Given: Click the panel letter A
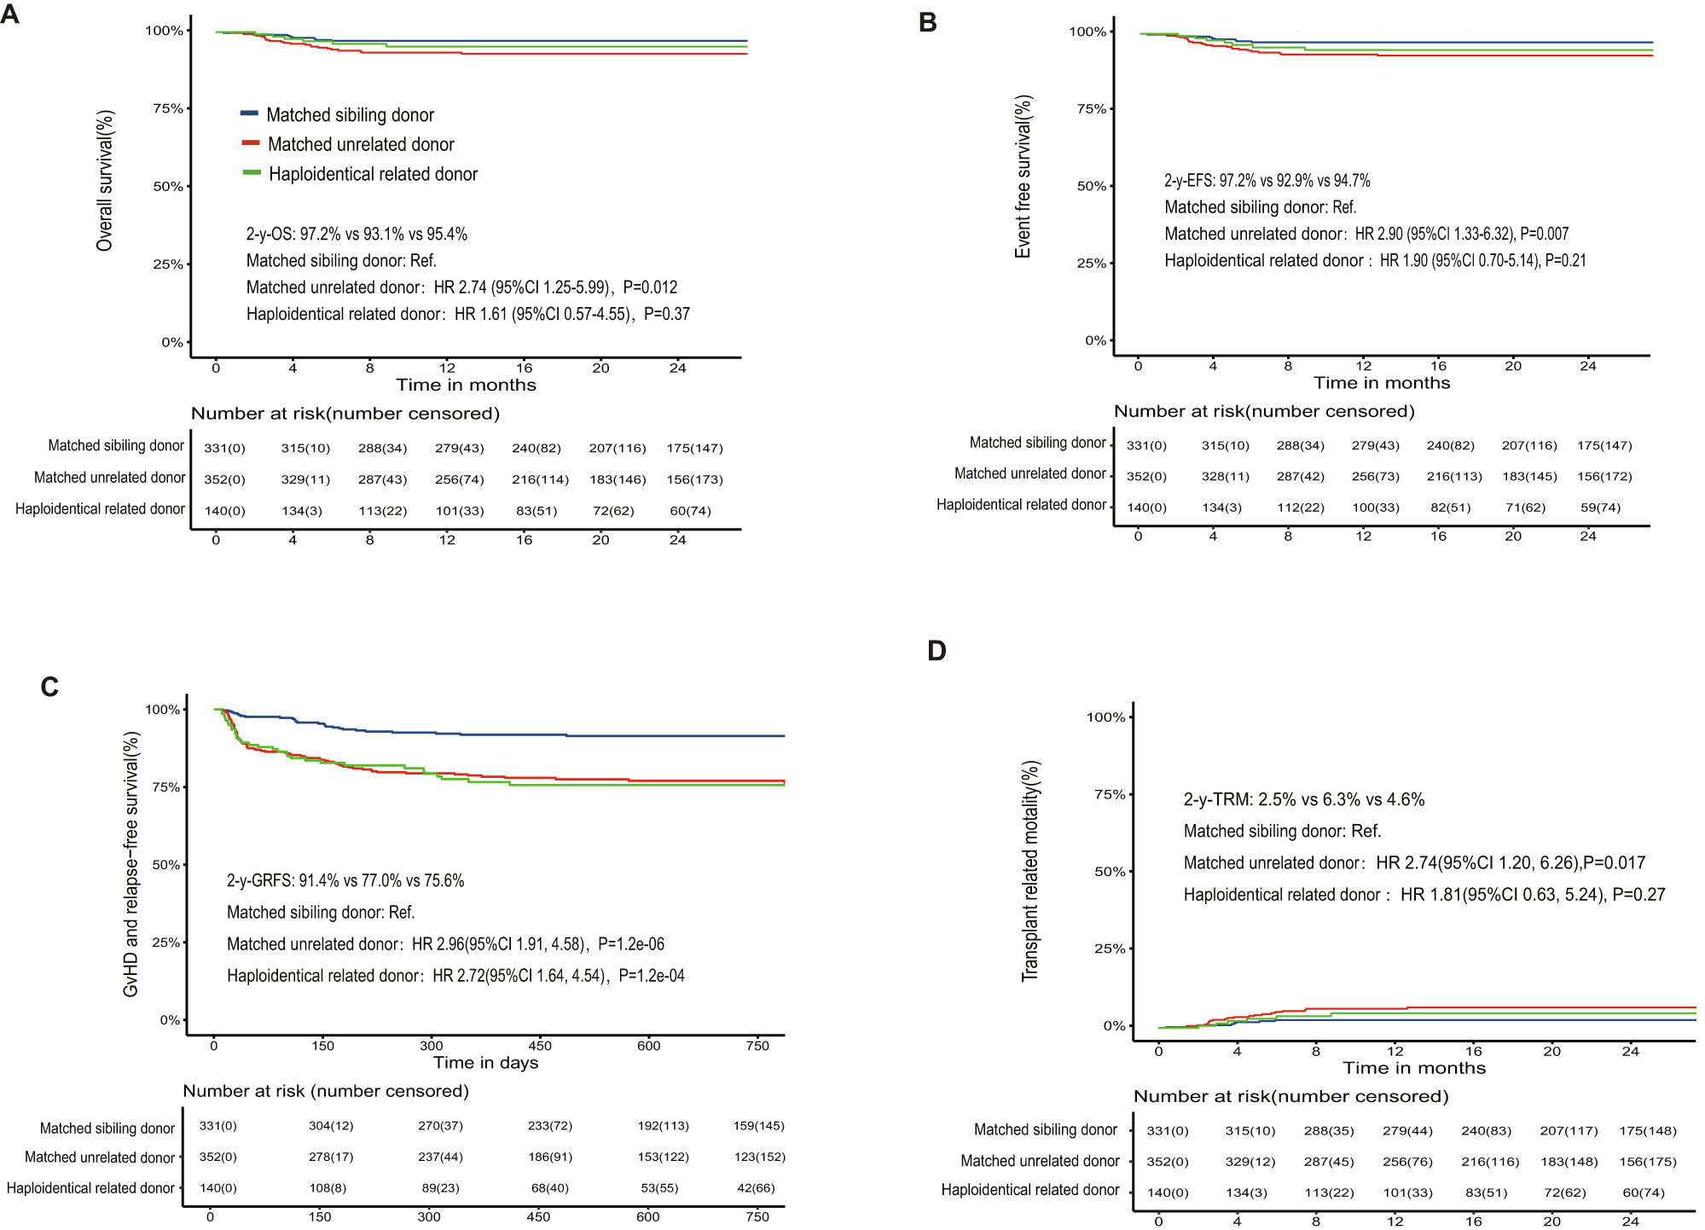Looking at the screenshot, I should [10, 15].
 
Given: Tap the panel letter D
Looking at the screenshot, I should [937, 652].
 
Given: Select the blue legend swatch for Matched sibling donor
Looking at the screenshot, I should [249, 113].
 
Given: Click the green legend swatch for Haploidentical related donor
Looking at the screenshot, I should [252, 172].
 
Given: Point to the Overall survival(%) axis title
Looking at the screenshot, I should [105, 180].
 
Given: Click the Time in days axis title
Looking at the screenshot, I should [485, 1063].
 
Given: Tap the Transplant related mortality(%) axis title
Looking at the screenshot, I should [1030, 871].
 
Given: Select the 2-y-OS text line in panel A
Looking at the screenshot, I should [357, 235].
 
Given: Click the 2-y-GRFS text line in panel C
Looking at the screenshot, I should [345, 881].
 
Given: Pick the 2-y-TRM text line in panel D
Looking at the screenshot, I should [1303, 800].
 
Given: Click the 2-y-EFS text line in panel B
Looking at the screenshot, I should [1267, 181].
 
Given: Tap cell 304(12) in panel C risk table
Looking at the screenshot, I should [331, 1126].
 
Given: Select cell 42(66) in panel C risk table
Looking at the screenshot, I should [757, 1187].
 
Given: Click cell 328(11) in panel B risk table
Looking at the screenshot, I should [1225, 476].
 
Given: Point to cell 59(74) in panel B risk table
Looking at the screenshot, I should [1600, 508].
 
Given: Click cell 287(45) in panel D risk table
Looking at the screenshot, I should [1329, 1162].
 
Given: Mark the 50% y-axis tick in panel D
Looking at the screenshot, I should [1110, 872].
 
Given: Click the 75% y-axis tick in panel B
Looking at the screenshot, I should [1091, 109].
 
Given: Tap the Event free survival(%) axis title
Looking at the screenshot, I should [1023, 177].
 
